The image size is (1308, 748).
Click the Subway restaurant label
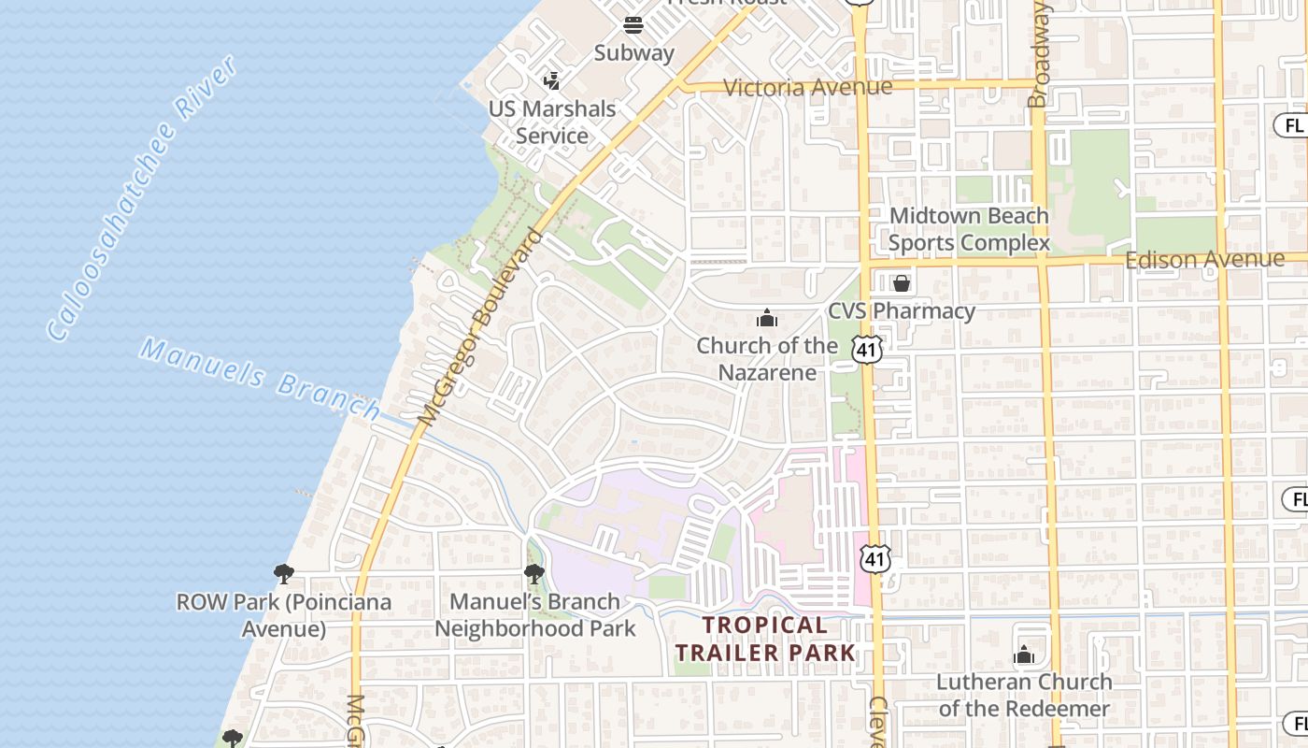pyautogui.click(x=633, y=52)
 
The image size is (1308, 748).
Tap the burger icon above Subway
pyautogui.click(x=633, y=24)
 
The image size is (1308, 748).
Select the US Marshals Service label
pyautogui.click(x=552, y=122)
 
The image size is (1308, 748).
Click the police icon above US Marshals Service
pyautogui.click(x=552, y=80)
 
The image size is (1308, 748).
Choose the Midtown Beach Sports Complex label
pyautogui.click(x=969, y=229)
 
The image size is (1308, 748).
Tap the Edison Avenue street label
pyautogui.click(x=1204, y=259)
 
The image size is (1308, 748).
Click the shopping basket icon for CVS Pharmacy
pyautogui.click(x=902, y=282)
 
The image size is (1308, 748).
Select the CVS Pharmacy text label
pyautogui.click(x=902, y=310)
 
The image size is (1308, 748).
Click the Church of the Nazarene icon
pyautogui.click(x=767, y=319)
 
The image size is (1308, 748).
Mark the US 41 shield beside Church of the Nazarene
pyautogui.click(x=867, y=349)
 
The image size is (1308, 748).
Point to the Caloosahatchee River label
pyautogui.click(x=142, y=198)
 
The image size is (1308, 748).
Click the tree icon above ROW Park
pyautogui.click(x=284, y=573)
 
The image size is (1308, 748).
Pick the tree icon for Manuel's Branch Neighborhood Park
pyautogui.click(x=534, y=573)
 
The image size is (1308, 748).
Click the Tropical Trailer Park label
pyautogui.click(x=765, y=638)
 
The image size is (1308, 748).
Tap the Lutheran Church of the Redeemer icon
pyautogui.click(x=1024, y=654)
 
